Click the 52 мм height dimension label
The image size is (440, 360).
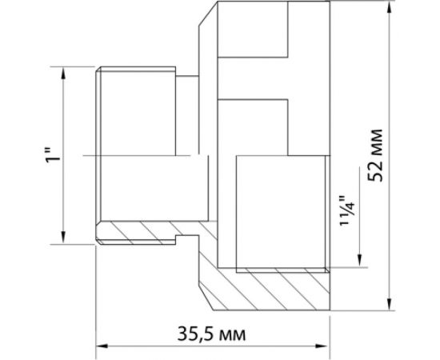pyautogui.click(x=375, y=155)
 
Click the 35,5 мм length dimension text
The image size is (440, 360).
pyautogui.click(x=211, y=334)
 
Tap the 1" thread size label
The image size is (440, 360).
pyautogui.click(x=54, y=156)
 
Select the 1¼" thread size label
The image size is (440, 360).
pyautogui.click(x=347, y=210)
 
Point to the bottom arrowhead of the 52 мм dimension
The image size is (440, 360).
pyautogui.click(x=390, y=304)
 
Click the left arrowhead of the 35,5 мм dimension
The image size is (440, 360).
pyautogui.click(x=102, y=346)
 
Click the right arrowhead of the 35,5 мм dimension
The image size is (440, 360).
pyautogui.click(x=323, y=346)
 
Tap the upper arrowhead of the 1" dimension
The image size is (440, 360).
pyautogui.click(x=63, y=73)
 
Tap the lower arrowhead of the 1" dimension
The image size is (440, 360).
pyautogui.click(x=63, y=238)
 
